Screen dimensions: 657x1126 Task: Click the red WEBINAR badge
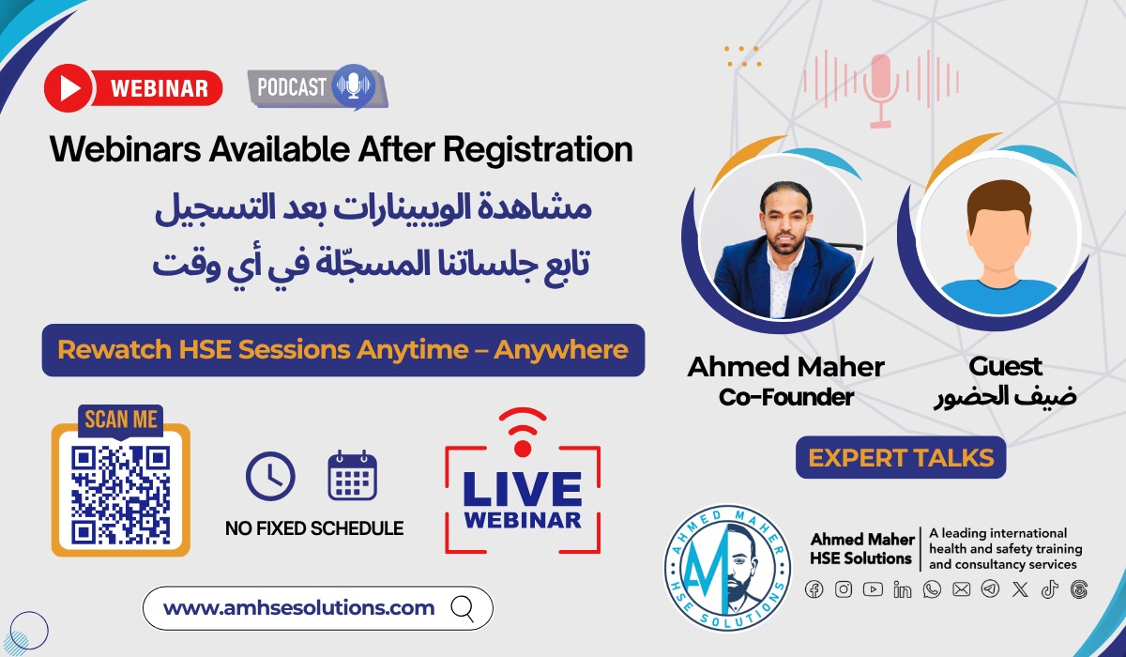tap(133, 88)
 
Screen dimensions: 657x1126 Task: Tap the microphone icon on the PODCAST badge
tap(353, 85)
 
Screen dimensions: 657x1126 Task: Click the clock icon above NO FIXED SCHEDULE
tap(270, 476)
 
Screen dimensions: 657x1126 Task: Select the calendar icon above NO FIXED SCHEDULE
tap(352, 476)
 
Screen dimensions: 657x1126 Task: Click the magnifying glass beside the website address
tap(463, 608)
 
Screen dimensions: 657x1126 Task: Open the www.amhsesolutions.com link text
tap(298, 608)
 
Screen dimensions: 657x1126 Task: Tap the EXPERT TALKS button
tap(901, 458)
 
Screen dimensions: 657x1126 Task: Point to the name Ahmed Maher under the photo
tap(785, 367)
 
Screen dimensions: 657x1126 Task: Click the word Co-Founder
tap(785, 397)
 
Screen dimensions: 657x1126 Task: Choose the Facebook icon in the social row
tap(814, 589)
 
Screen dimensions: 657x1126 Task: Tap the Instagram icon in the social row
tap(844, 589)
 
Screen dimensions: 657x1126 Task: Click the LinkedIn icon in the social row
tap(903, 589)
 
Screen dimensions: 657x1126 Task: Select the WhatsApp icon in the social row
tap(932, 589)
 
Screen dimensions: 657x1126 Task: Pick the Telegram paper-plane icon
tap(990, 589)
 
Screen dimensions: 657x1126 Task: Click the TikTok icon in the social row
tap(1049, 589)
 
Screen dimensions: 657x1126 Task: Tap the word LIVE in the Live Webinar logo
tap(522, 487)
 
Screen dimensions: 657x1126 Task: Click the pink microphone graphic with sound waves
tap(879, 86)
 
